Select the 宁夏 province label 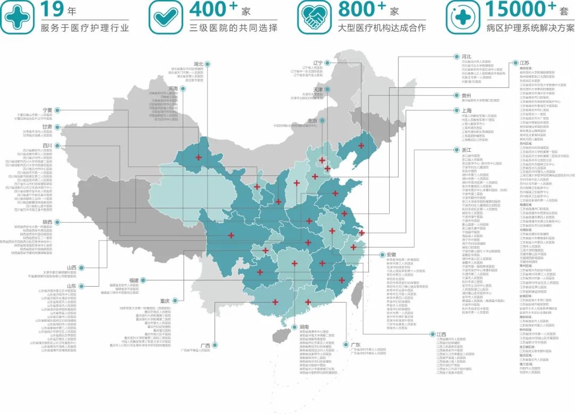[x=47, y=110]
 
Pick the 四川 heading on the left [x=47, y=145]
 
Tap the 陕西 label [x=47, y=222]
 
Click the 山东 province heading [x=72, y=286]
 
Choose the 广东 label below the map [x=355, y=344]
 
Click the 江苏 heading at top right [x=524, y=63]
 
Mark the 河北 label [x=466, y=56]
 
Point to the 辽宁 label [x=318, y=63]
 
